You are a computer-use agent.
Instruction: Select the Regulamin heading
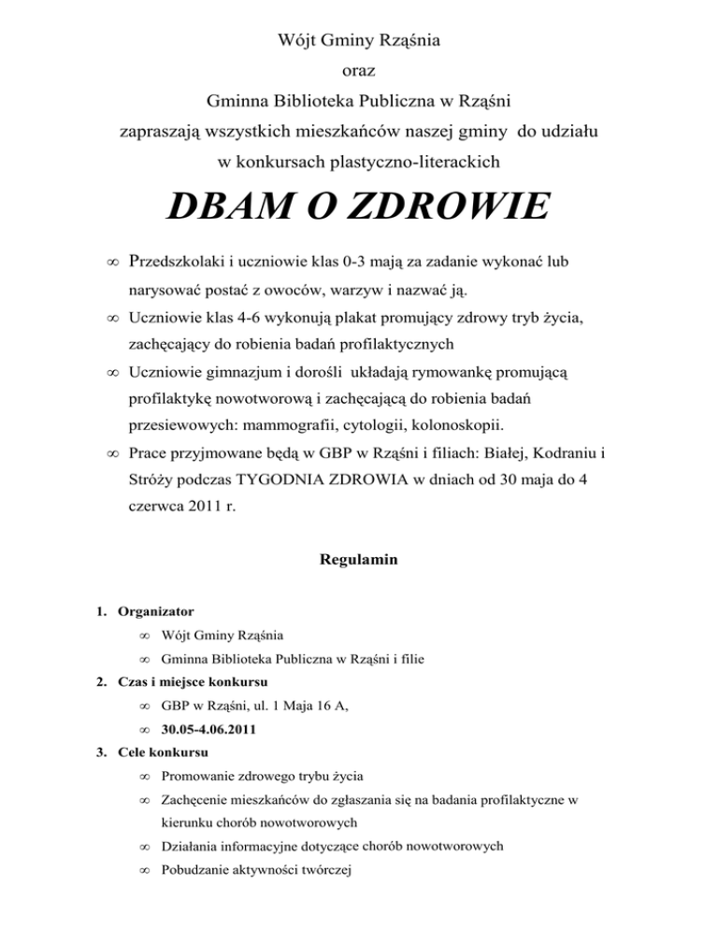coord(359,561)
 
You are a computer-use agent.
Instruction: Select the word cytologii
coord(382,426)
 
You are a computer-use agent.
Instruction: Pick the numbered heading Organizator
coord(155,612)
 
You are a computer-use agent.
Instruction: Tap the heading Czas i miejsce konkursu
coord(194,681)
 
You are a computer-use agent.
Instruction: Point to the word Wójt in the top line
coord(298,41)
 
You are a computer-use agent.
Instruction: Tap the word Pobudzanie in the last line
coord(198,868)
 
